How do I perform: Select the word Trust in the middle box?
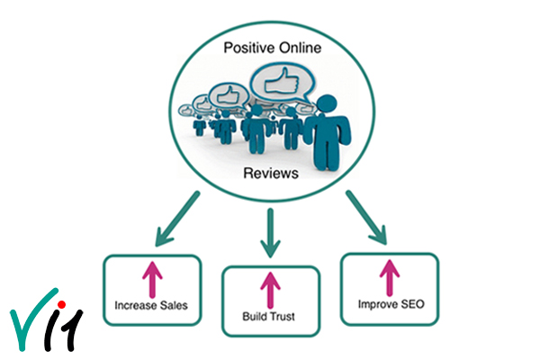[283, 317]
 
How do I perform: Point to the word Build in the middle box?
[254, 317]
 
